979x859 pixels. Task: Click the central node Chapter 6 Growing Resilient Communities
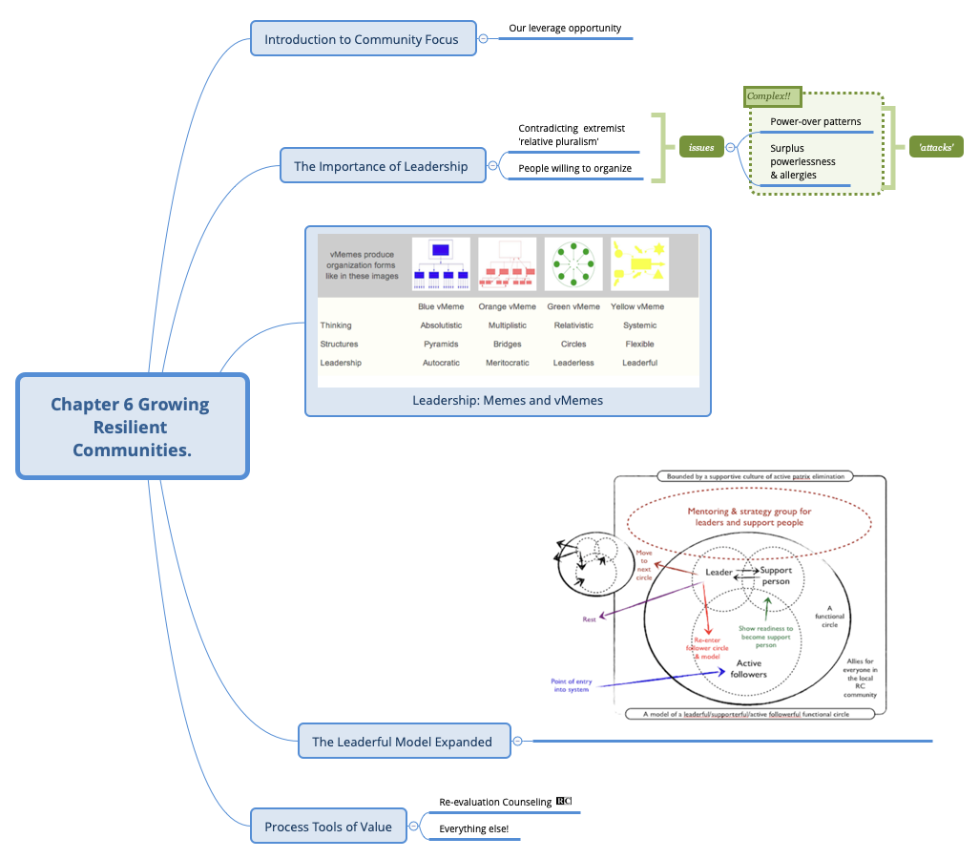coord(132,426)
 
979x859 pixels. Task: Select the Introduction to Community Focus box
coord(362,39)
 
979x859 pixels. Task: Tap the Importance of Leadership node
coord(381,166)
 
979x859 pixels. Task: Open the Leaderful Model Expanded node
coord(403,742)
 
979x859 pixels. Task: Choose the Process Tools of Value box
coord(328,827)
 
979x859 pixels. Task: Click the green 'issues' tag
coord(701,148)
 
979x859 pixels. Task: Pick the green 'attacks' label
coord(935,148)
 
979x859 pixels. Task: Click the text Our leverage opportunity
coord(565,29)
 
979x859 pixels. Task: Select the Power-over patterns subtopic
coord(815,121)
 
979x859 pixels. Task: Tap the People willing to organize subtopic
coord(574,168)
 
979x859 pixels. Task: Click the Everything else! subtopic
coord(474,829)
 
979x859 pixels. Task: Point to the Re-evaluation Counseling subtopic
coord(495,803)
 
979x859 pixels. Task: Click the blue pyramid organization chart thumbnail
coord(441,264)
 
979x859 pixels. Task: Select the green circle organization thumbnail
coord(573,264)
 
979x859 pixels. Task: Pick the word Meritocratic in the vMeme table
coord(508,364)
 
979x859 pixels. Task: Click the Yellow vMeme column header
coord(637,306)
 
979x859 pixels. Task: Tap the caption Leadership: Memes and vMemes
coord(508,401)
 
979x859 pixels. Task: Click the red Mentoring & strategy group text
coord(750,517)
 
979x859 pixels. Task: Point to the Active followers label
coord(749,668)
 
